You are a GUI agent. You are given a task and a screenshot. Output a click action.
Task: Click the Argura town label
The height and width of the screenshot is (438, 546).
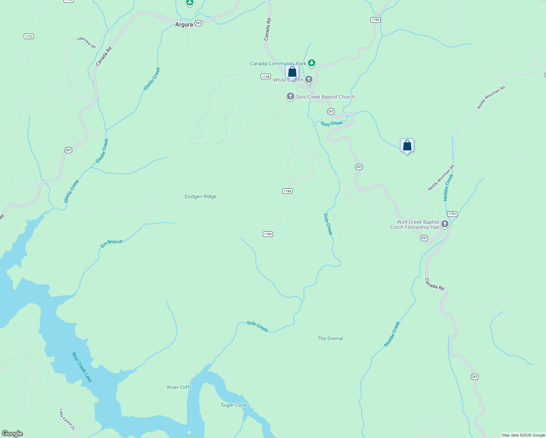point(184,25)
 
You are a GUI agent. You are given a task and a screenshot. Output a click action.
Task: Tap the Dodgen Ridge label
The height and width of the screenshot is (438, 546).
point(200,197)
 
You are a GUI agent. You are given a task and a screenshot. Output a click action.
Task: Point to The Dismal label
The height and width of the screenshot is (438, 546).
point(330,339)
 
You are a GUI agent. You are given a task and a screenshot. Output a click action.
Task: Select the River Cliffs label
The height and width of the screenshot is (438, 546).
point(179,388)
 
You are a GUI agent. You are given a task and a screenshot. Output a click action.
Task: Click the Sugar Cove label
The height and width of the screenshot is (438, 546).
point(234,405)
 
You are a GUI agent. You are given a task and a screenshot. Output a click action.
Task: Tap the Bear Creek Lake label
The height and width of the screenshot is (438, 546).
point(82,367)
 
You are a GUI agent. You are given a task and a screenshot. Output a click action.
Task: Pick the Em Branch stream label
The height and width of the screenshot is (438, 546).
point(111,244)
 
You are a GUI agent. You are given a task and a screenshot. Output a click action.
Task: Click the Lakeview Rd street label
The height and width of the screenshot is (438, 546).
point(86,42)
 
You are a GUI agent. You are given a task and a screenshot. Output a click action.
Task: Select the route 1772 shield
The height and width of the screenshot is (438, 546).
point(29,36)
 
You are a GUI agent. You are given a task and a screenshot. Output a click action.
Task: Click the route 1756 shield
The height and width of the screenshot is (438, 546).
point(375,20)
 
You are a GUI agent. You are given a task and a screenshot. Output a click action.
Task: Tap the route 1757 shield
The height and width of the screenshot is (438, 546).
point(452,214)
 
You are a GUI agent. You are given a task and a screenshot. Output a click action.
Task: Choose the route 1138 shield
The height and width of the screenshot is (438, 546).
point(265,77)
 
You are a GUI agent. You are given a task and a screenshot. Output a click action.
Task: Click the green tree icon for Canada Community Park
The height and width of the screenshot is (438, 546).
point(311,63)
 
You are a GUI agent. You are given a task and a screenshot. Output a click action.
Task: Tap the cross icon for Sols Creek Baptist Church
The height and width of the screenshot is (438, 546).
point(290,96)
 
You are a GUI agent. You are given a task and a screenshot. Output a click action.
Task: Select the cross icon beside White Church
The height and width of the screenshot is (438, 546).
point(309,79)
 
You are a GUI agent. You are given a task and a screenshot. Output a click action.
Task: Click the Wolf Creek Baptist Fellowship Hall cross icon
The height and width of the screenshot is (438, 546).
point(445,224)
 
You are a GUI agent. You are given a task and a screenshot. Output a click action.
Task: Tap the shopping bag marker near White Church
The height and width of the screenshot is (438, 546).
point(292,72)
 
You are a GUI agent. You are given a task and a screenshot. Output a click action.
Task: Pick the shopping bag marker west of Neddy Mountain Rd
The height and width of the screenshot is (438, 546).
point(407,146)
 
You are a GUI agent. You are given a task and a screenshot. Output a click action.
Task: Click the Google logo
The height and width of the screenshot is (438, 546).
point(12,434)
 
